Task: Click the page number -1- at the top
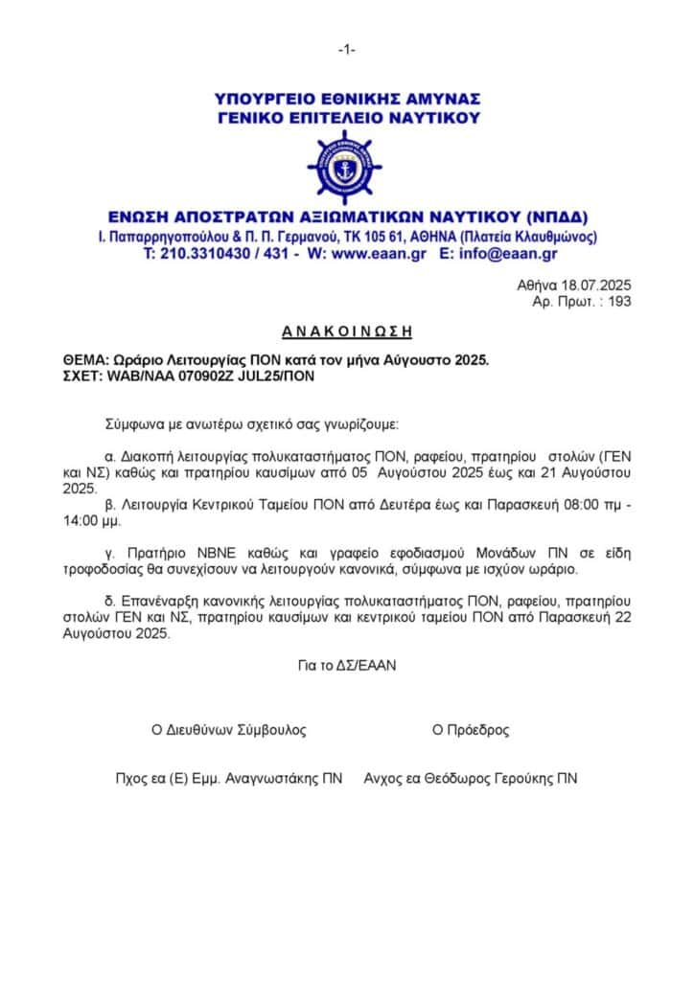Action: [x=347, y=50]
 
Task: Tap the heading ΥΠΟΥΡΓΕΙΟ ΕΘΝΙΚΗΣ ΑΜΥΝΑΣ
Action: [x=347, y=99]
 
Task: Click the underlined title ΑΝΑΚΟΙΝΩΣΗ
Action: [x=347, y=331]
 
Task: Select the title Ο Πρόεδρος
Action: [x=471, y=730]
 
